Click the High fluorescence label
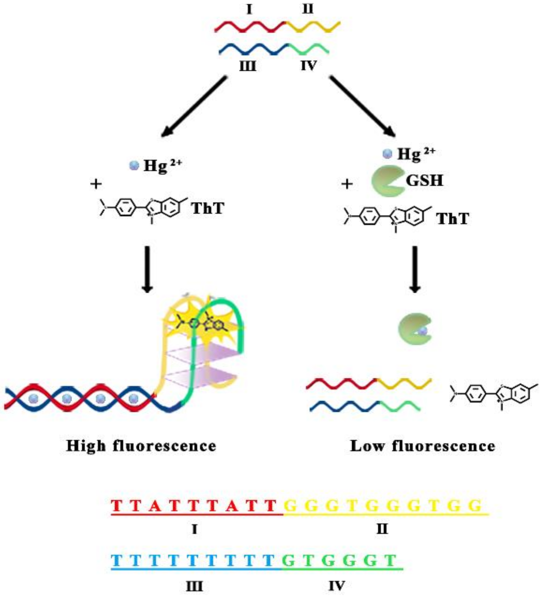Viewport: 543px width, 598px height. tap(141, 446)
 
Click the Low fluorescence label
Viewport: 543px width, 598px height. tap(423, 446)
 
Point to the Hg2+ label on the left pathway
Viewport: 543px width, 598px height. tap(162, 166)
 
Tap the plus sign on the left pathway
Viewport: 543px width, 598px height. tap(96, 184)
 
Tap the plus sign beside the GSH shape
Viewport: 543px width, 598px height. tap(347, 184)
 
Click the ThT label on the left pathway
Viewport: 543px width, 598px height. tap(208, 209)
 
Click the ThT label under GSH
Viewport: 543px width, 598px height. tap(452, 219)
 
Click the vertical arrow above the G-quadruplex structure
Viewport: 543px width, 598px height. tap(147, 268)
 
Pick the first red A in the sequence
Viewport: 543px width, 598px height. tap(155, 506)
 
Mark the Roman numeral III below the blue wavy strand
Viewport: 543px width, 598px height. tap(248, 66)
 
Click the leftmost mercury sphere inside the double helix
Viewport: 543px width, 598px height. tap(34, 399)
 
